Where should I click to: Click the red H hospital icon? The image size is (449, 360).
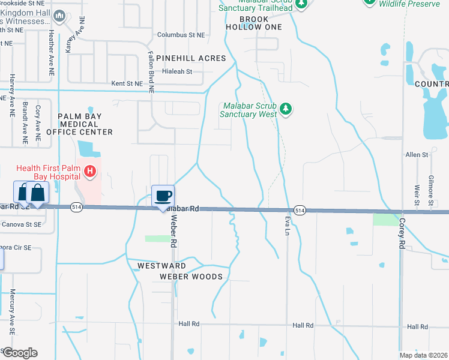pos(90,172)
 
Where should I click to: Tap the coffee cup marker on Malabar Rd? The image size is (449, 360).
pos(163,196)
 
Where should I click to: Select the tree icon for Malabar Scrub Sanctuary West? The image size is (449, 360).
pos(287,109)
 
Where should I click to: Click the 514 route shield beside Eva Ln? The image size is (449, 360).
pos(300,210)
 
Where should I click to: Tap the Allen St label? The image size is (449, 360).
pos(417,155)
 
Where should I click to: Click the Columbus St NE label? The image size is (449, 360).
pos(181,35)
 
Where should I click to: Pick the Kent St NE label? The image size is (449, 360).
pos(127,83)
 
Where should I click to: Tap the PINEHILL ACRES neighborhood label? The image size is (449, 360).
pos(191,58)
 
